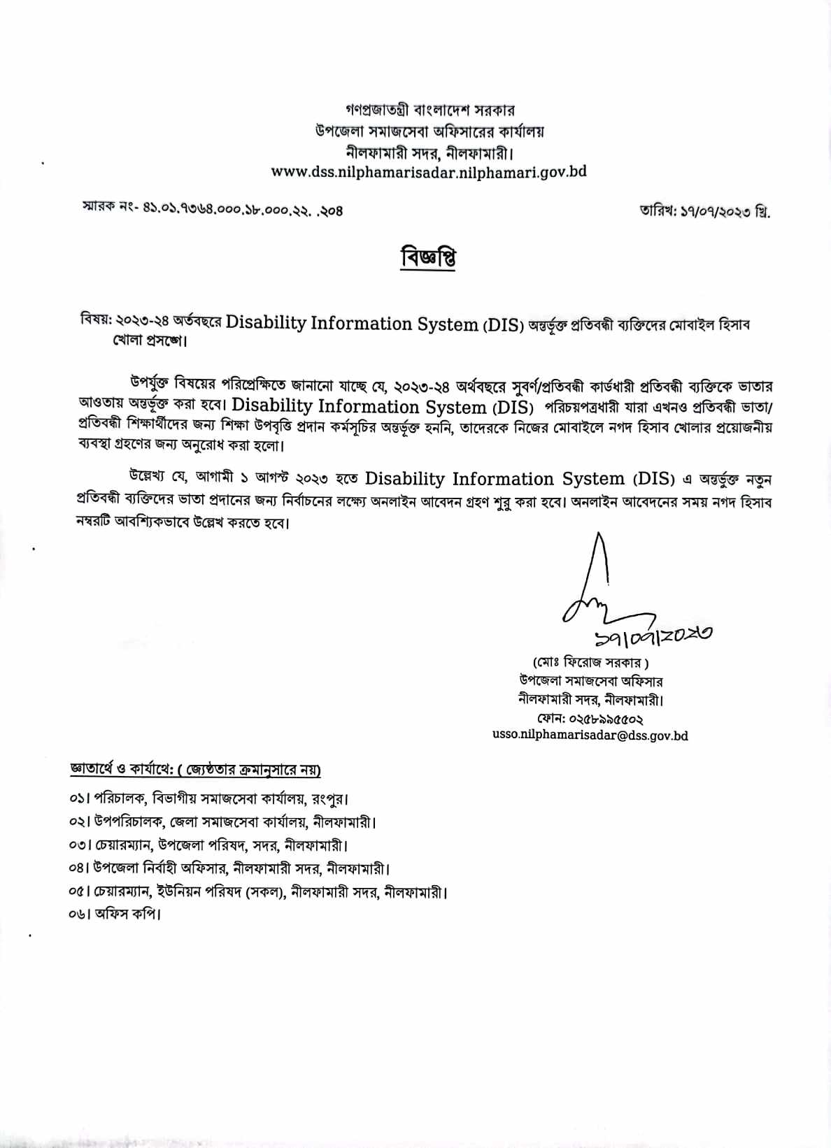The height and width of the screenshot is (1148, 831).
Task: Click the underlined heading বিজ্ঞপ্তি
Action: coord(428,257)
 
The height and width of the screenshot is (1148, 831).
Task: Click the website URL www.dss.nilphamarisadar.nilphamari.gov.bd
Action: coord(428,172)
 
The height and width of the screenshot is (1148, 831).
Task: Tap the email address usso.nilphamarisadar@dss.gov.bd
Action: coord(590,736)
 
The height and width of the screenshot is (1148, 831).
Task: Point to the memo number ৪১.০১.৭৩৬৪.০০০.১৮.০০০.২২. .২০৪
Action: coord(243,208)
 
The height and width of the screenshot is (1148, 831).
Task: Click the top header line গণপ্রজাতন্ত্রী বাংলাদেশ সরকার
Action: coord(429,110)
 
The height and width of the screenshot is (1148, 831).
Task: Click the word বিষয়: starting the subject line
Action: coord(95,321)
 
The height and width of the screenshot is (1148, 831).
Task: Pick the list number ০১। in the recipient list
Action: coord(80,798)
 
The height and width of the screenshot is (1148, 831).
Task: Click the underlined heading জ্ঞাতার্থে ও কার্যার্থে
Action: coord(122,769)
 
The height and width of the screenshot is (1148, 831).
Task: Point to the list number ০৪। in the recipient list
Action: coord(80,868)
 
